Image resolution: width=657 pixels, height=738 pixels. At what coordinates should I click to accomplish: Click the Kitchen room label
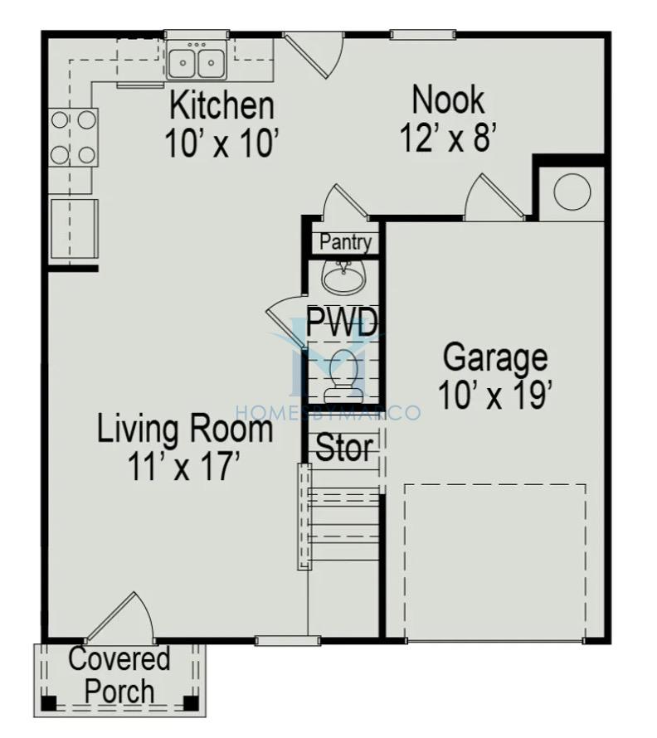(221, 105)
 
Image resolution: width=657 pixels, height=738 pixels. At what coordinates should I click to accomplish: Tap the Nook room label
(448, 100)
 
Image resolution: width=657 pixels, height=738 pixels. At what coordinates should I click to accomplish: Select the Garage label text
(495, 360)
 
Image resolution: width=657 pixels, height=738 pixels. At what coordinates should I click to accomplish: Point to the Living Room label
(185, 429)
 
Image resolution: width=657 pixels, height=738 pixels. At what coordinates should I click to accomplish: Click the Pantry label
(346, 242)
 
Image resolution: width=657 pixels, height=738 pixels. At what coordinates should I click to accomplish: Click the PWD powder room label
(343, 322)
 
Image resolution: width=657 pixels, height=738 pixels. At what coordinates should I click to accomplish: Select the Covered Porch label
(119, 675)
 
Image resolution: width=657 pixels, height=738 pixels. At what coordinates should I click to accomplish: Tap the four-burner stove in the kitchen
(74, 138)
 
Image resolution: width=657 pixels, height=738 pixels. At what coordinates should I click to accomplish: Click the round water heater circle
(572, 191)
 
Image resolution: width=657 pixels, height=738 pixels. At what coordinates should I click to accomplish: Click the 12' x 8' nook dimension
(448, 138)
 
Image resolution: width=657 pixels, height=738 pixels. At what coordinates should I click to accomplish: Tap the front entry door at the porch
(120, 617)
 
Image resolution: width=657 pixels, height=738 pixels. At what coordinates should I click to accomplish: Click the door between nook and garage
(494, 197)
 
